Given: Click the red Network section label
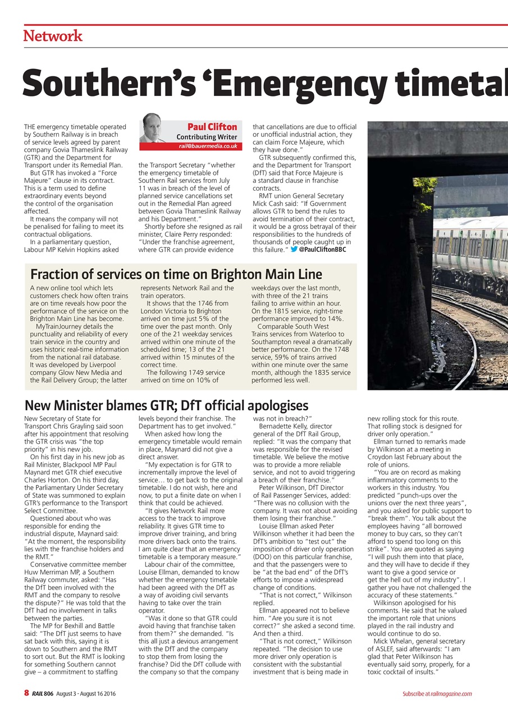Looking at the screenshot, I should coord(53,36).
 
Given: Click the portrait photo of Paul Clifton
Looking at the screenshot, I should coord(153,128).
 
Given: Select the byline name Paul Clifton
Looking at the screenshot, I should coord(212,127).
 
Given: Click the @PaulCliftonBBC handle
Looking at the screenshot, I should coord(322,249).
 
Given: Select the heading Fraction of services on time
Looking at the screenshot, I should coord(176,274).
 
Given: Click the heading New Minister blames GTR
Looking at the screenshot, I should coord(167,405).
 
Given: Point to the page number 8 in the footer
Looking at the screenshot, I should coord(26,693).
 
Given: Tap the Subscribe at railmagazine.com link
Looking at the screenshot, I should coord(437,694).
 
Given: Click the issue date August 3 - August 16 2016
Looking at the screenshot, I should coord(86,694).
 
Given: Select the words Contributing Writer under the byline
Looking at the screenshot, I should coord(207,137).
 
